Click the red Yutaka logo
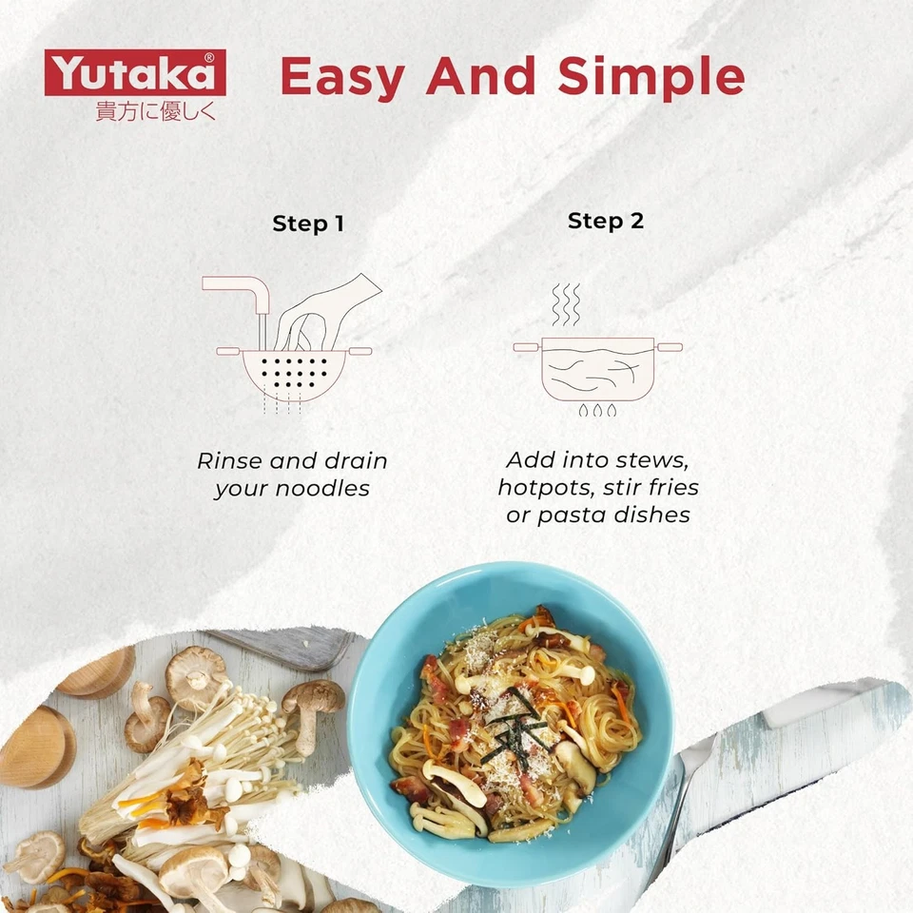[x=134, y=73]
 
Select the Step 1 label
[x=307, y=224]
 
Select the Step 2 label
[x=605, y=222]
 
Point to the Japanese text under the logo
[x=156, y=110]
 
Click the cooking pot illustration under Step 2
[x=596, y=366]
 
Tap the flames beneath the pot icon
[x=596, y=411]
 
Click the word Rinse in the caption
[x=230, y=462]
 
